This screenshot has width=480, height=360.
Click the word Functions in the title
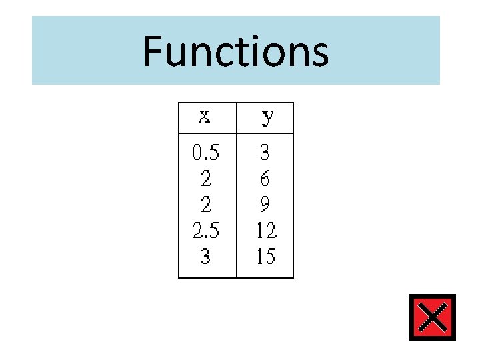235,51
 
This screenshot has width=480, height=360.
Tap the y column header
266,118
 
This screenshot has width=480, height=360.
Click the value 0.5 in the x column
205,153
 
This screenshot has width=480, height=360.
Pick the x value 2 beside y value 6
205,178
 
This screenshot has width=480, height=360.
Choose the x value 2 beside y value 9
205,204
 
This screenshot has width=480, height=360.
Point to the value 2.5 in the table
205,230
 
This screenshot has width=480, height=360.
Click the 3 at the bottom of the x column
205,256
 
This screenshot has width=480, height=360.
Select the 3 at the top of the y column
265,153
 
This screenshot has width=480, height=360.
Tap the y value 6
265,178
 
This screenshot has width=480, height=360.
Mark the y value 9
265,204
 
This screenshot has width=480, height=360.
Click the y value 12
266,230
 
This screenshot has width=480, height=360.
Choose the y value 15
266,256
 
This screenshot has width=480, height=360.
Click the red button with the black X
433,317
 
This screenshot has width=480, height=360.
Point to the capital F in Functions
153,51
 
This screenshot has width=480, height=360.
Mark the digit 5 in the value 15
271,256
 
